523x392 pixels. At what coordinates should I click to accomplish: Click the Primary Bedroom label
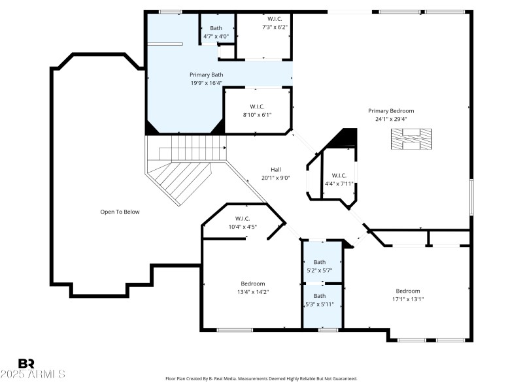click(x=390, y=110)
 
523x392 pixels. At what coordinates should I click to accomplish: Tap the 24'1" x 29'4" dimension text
click(x=390, y=120)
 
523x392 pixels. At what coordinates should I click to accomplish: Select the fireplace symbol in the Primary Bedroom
click(x=411, y=139)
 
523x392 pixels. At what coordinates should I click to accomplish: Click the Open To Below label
click(x=120, y=212)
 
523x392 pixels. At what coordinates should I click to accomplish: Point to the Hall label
click(x=275, y=169)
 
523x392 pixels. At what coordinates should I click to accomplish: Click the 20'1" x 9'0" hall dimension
click(x=275, y=178)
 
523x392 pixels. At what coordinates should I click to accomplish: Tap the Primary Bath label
click(x=206, y=74)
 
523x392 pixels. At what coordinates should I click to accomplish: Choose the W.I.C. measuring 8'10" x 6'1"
click(x=256, y=110)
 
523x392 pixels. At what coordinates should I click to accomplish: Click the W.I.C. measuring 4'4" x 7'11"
click(x=339, y=179)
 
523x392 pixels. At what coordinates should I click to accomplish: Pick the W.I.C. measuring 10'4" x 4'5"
click(x=242, y=223)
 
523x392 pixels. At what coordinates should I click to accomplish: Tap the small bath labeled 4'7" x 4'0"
click(x=216, y=32)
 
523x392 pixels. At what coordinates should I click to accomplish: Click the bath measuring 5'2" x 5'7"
click(x=319, y=265)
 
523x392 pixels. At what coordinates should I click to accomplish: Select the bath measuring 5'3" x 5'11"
click(x=319, y=300)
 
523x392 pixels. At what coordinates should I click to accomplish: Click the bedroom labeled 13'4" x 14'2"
click(x=252, y=287)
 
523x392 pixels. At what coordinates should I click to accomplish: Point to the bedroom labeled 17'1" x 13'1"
click(x=407, y=295)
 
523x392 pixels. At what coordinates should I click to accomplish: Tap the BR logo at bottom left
click(x=26, y=363)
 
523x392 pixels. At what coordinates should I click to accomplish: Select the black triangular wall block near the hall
click(x=347, y=138)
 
